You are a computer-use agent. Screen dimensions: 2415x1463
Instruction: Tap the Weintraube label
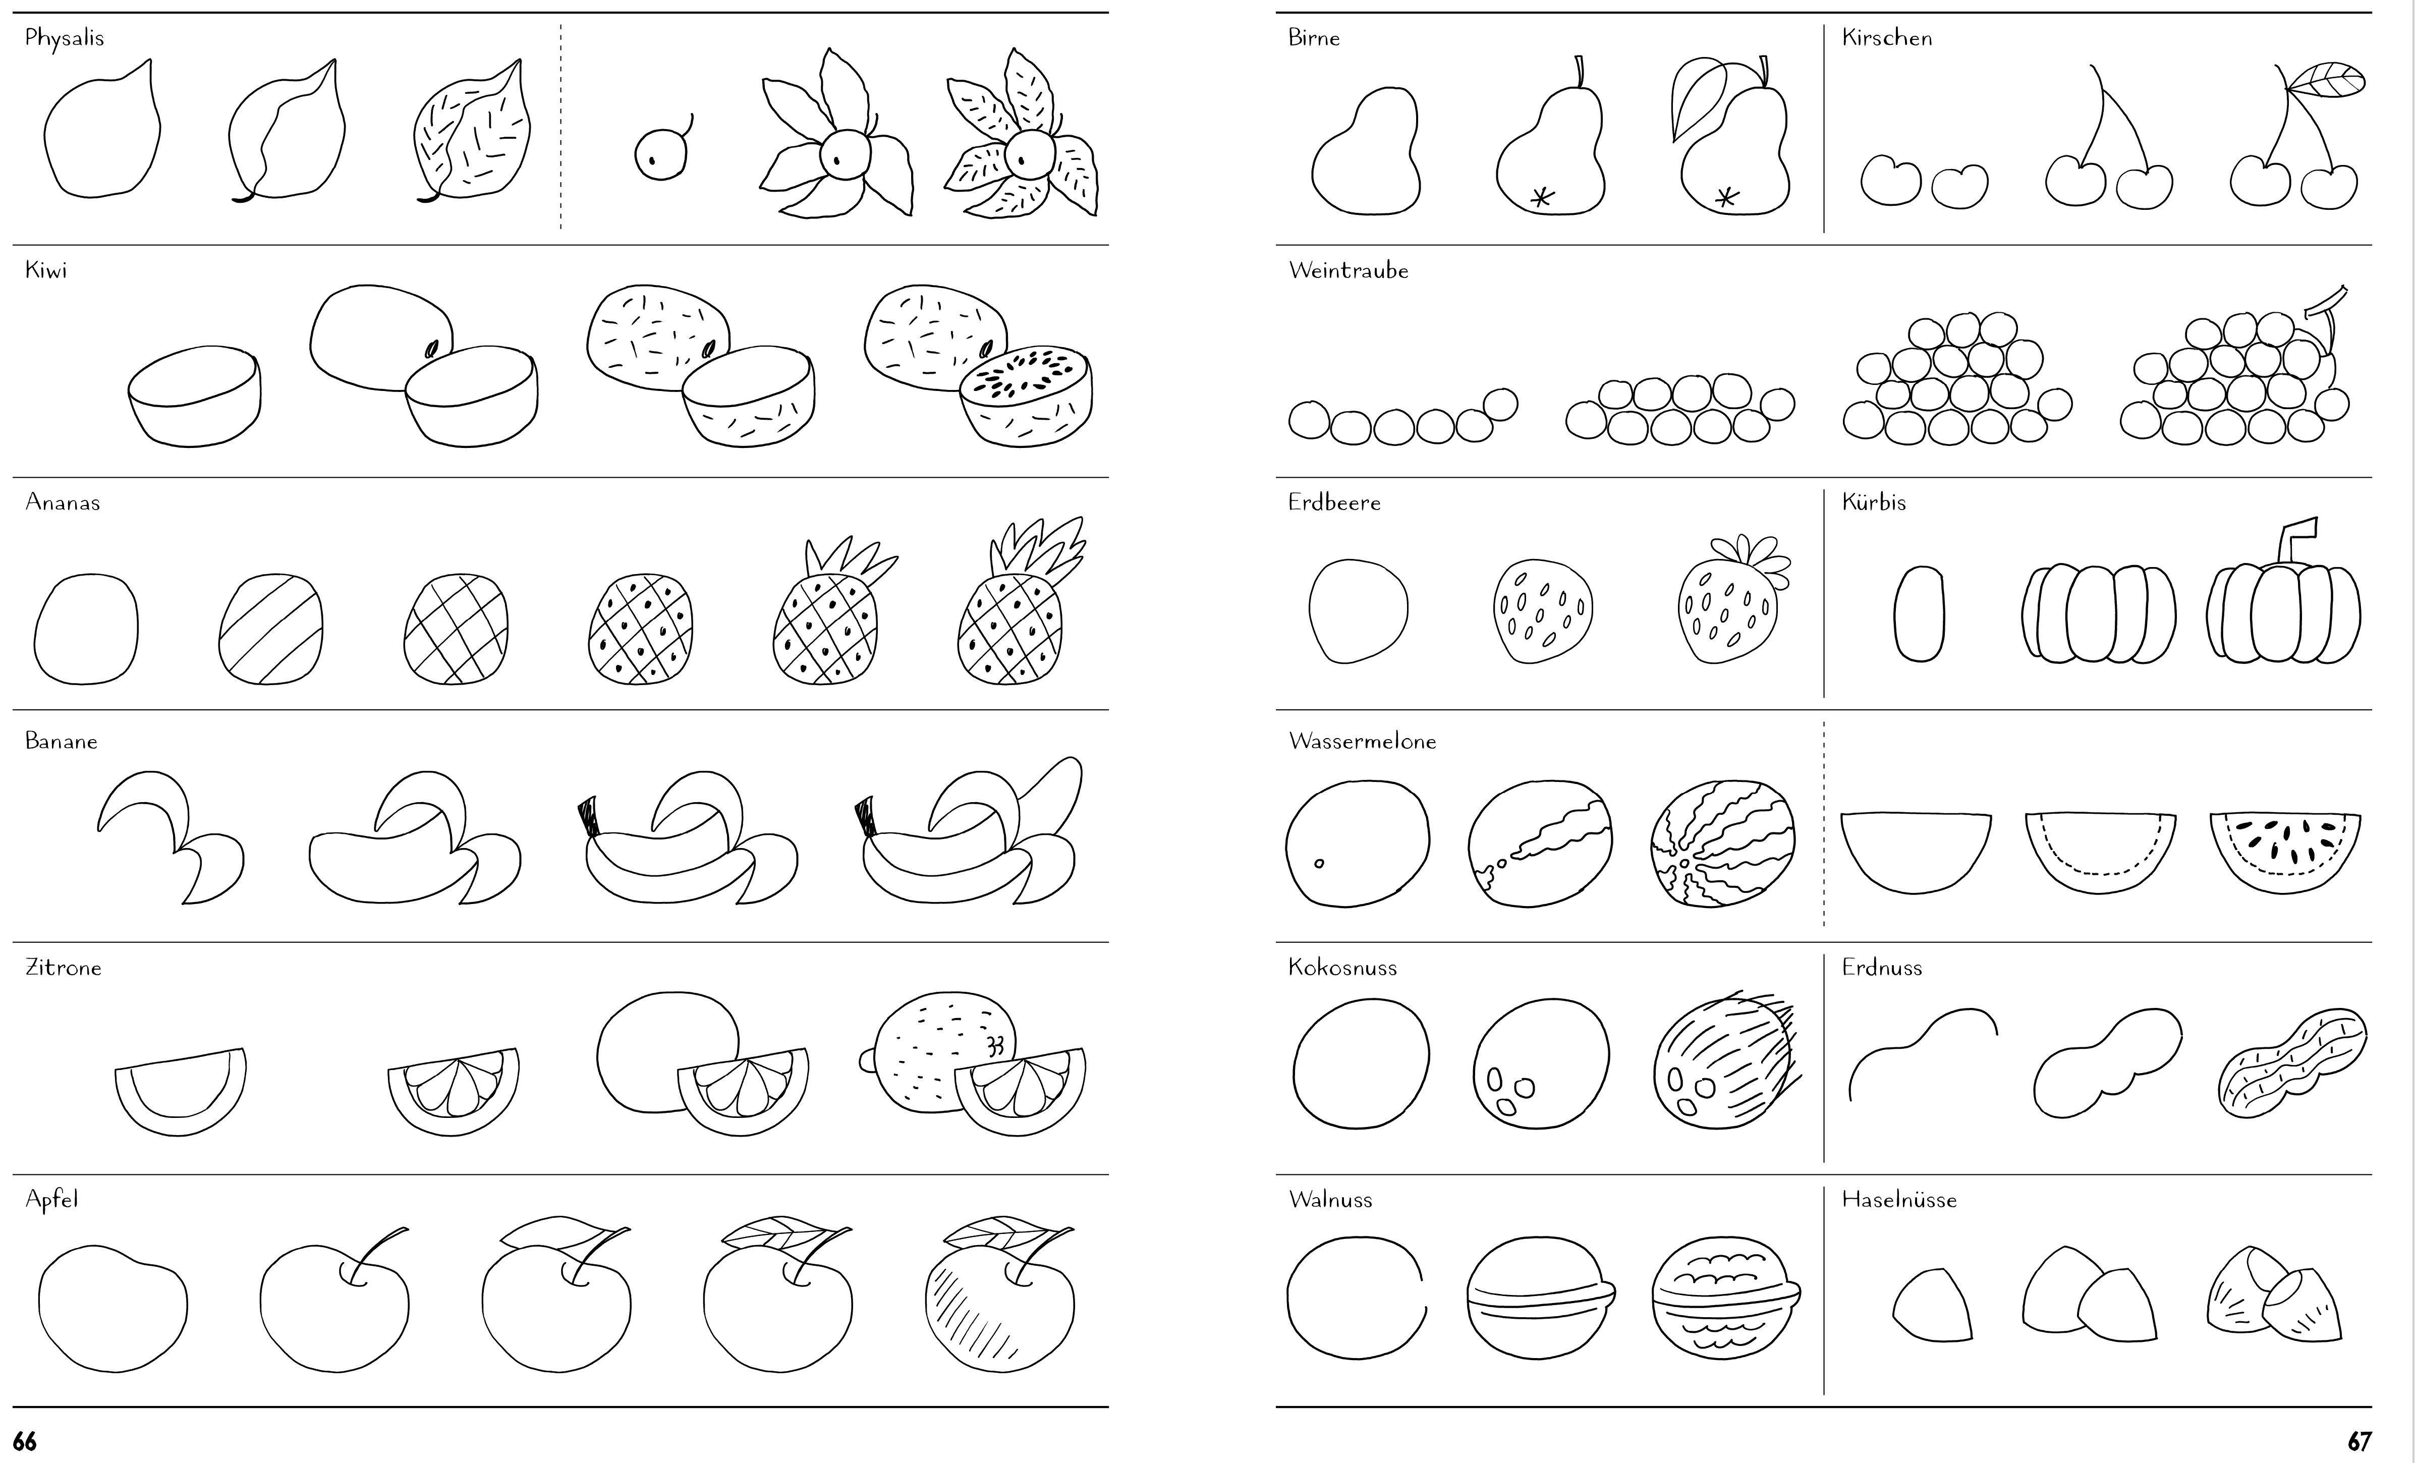pos(1349,270)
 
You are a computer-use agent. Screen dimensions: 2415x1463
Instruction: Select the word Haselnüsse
pos(1899,1199)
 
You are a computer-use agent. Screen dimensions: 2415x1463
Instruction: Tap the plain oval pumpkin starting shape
pos(1919,613)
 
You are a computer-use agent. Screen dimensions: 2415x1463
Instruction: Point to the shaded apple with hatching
pos(1000,1293)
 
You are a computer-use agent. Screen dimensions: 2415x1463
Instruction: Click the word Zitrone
pos(64,967)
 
